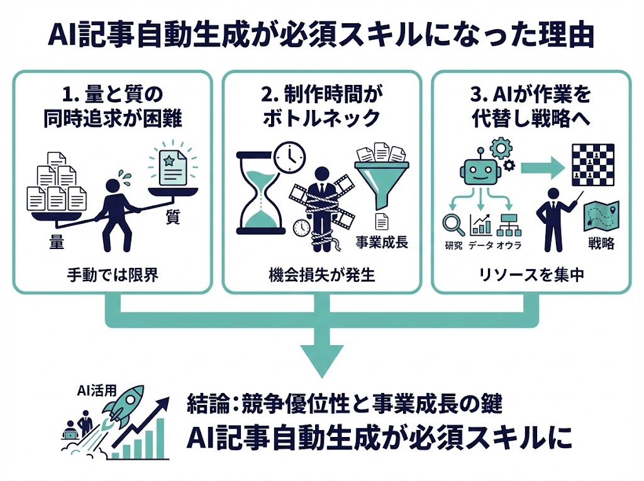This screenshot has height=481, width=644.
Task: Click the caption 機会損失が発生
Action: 321,275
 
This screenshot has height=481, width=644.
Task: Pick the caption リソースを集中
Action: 532,275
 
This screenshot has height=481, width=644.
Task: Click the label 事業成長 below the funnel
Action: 382,241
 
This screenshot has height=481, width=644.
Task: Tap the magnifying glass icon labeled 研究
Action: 452,223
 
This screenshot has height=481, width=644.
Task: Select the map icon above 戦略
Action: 601,217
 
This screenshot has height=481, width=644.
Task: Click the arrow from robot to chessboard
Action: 542,166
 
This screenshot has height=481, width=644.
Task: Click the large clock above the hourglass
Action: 289,155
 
